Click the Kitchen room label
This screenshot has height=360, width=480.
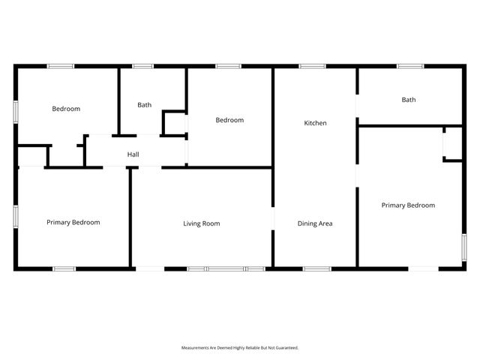coord(315,123)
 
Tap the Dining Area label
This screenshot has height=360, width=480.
coord(315,223)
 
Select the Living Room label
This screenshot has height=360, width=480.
coord(202,223)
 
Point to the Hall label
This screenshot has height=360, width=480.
coord(133,155)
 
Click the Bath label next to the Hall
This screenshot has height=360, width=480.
coord(144,105)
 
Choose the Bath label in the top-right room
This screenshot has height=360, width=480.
coord(409,100)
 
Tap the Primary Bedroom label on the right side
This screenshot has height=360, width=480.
coord(408,205)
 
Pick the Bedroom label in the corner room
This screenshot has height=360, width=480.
coord(66,109)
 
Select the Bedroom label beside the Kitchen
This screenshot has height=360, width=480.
coord(229,120)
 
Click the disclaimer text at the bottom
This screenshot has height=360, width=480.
coord(240,348)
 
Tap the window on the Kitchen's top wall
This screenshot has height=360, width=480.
coord(312,66)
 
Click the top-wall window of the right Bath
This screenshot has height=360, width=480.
coord(410,66)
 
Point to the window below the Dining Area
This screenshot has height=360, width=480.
coord(316,268)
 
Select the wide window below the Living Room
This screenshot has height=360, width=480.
coord(226,268)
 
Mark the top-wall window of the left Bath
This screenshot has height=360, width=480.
coord(143,66)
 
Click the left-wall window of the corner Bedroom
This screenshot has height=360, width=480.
coord(16,109)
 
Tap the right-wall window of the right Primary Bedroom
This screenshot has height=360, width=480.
coord(464,245)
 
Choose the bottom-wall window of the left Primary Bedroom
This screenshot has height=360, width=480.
coord(64,268)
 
